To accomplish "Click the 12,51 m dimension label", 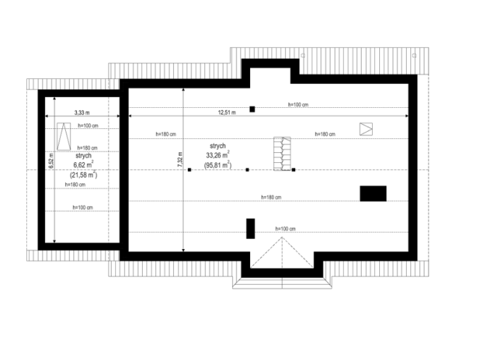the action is pyautogui.click(x=227, y=112).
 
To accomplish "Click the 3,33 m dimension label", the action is pyautogui.click(x=82, y=112).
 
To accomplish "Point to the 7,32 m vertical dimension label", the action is pyautogui.click(x=180, y=159).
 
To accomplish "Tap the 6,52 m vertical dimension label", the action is pyautogui.click(x=51, y=161).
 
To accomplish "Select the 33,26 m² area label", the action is pyautogui.click(x=218, y=155).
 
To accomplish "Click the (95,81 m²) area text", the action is pyautogui.click(x=218, y=165).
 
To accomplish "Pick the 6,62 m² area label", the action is pyautogui.click(x=83, y=164).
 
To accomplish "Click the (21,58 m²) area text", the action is pyautogui.click(x=83, y=175).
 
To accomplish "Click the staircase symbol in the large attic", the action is pyautogui.click(x=282, y=154).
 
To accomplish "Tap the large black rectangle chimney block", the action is pyautogui.click(x=373, y=193).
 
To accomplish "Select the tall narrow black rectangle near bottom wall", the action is pyautogui.click(x=250, y=228).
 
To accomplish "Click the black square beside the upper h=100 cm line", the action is pyautogui.click(x=252, y=109).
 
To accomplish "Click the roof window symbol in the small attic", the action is pyautogui.click(x=64, y=136).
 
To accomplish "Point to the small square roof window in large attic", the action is pyautogui.click(x=366, y=129).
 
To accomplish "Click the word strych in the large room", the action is pyautogui.click(x=218, y=146).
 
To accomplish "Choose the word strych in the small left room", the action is pyautogui.click(x=83, y=156).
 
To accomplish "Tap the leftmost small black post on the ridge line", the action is pyautogui.click(x=189, y=169).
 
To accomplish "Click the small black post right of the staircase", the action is pyautogui.click(x=293, y=169).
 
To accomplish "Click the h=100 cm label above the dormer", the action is pyautogui.click(x=285, y=228).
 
